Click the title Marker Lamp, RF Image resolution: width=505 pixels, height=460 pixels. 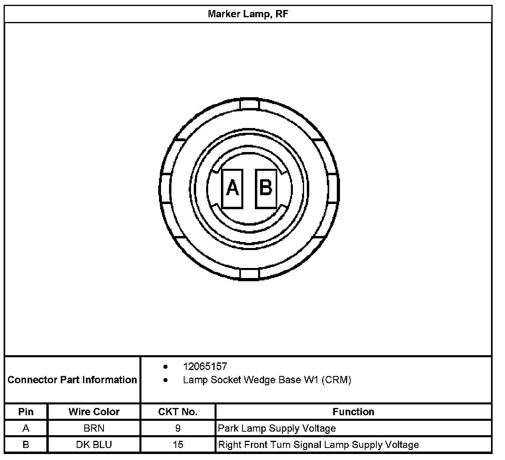[248, 14]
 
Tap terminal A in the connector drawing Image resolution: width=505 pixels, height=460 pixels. [232, 189]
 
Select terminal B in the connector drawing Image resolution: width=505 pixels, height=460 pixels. [266, 189]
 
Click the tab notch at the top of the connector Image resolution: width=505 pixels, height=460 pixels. [249, 104]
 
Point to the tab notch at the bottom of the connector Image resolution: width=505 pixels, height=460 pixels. [249, 274]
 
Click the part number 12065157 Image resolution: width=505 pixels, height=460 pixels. [205, 366]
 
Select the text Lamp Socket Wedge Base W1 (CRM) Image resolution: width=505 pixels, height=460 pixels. [267, 380]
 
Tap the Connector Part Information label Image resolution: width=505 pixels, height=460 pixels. [72, 380]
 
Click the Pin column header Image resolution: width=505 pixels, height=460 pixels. [26, 412]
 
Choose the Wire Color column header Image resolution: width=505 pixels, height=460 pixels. [94, 412]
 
